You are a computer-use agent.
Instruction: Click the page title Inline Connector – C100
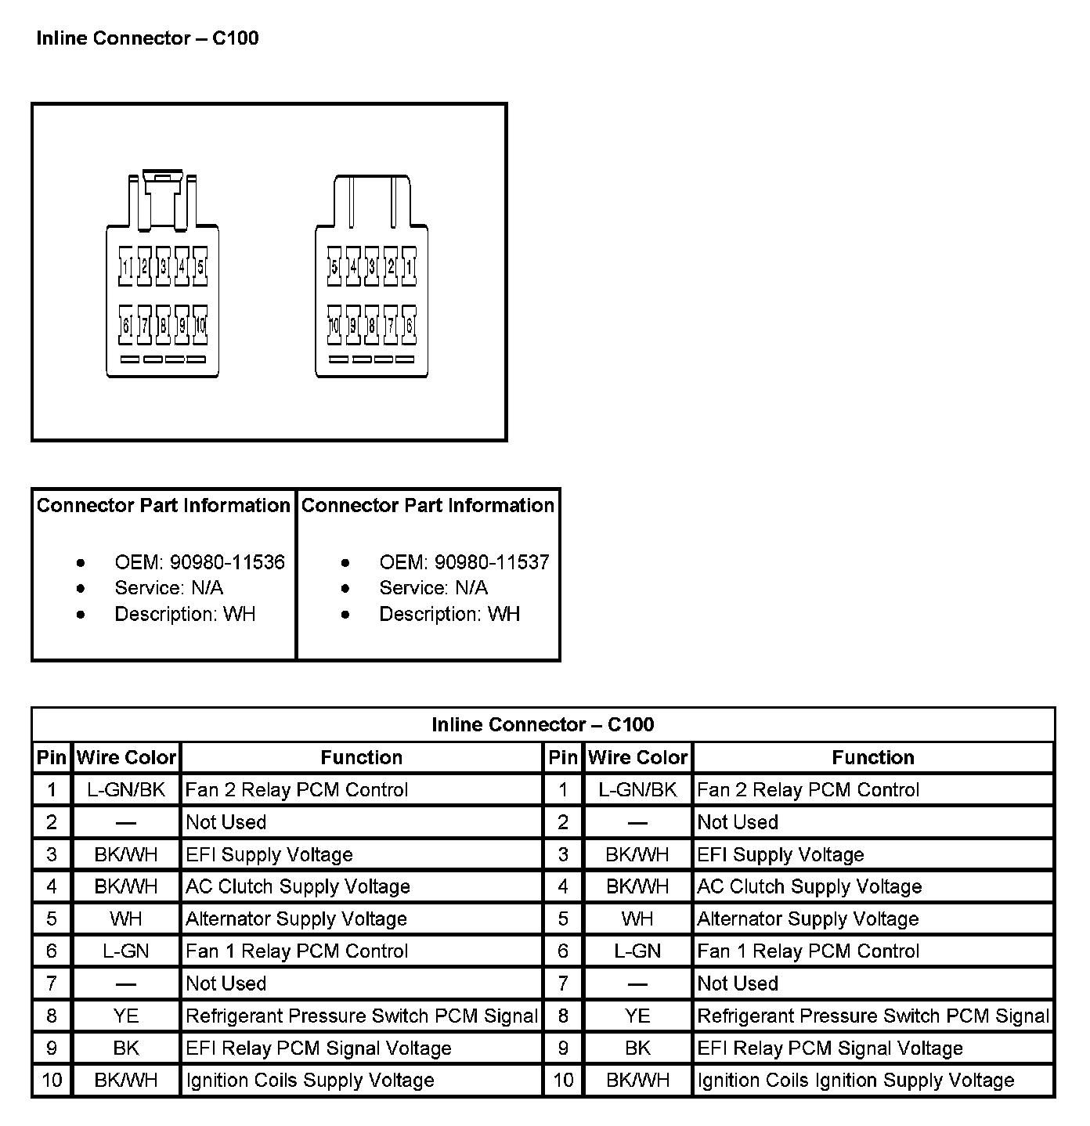147,38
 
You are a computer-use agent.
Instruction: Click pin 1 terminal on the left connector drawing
125,266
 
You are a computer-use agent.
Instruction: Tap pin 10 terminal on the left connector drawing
200,324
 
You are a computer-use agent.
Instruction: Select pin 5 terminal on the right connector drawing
334,266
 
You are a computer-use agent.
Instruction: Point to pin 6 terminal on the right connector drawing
409,324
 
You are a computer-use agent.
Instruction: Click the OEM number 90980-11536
227,562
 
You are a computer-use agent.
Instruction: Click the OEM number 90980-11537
492,562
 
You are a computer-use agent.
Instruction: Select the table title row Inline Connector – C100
543,724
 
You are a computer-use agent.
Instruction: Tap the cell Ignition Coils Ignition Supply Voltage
855,1081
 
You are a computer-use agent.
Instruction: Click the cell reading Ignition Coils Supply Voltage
309,1081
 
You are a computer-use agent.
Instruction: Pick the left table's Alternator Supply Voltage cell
296,918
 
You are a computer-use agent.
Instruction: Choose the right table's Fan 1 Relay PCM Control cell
807,951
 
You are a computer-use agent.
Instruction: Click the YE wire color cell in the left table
125,1016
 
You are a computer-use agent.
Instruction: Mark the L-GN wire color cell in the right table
637,951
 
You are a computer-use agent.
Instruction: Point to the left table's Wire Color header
126,757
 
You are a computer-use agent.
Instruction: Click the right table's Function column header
872,757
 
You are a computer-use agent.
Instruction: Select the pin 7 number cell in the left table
52,983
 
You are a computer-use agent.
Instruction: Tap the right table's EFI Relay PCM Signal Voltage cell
829,1048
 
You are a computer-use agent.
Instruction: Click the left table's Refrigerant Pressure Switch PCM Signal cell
362,1016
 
